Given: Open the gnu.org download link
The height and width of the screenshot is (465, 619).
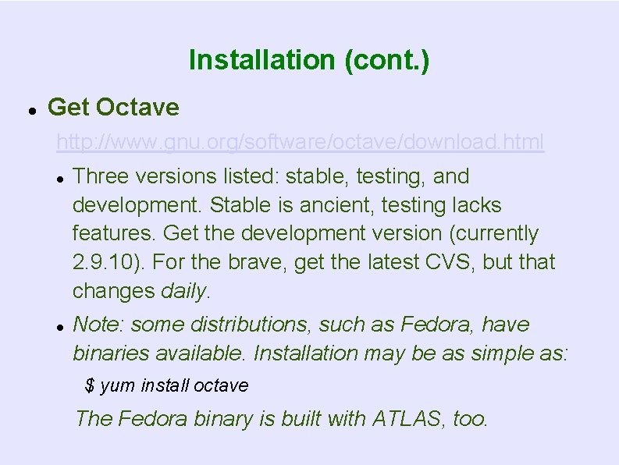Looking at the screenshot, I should (300, 143).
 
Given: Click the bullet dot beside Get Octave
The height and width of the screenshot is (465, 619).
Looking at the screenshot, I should (29, 109).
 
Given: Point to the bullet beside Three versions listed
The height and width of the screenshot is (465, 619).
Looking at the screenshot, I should (59, 178).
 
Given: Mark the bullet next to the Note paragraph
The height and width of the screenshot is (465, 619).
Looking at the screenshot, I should (59, 325).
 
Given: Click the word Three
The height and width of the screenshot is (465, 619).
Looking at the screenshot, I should (97, 177).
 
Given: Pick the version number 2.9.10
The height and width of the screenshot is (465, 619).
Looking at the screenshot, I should (101, 263).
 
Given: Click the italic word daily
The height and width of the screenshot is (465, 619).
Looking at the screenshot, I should (184, 292).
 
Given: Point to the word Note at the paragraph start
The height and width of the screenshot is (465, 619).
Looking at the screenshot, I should (93, 325).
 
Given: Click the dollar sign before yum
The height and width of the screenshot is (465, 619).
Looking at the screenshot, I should (90, 385).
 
